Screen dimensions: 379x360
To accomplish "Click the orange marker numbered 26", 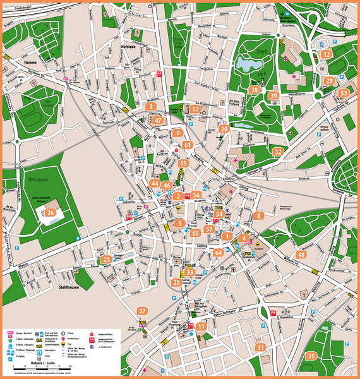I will coord(50,213).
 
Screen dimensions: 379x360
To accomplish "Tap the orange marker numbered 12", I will coord(326,54).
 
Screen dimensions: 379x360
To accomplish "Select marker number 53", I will coord(343,93).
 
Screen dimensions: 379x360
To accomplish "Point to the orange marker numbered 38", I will coord(254,90).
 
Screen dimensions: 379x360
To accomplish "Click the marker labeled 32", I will coord(277,152).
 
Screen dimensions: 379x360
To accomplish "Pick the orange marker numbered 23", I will coord(106,259).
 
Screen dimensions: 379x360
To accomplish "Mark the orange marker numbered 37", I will coord(142,311).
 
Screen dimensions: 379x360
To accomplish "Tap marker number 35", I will coord(310,356).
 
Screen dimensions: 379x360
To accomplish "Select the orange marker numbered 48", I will coord(302,255).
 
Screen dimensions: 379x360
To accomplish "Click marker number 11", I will coord(201,327).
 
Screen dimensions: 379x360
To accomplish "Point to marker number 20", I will coord(224,129).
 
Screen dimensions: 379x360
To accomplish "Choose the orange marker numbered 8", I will coord(259,216).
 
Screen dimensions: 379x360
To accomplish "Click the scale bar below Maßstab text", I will coord(33,371).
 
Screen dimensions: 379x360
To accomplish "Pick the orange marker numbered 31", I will coord(260,347).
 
